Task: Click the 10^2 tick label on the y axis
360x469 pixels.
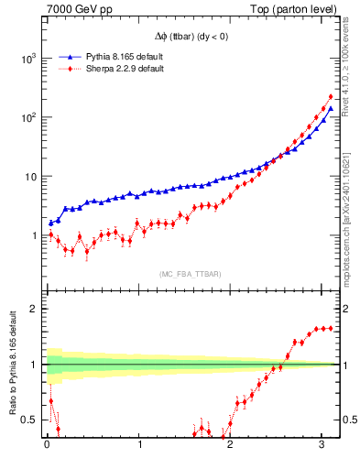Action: pos(28,117)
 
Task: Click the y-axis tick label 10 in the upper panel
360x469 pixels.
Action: pos(31,176)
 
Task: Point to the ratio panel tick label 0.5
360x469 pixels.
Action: pos(31,420)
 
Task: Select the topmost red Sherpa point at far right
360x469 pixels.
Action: pos(331,96)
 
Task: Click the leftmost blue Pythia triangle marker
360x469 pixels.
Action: pos(50,223)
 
